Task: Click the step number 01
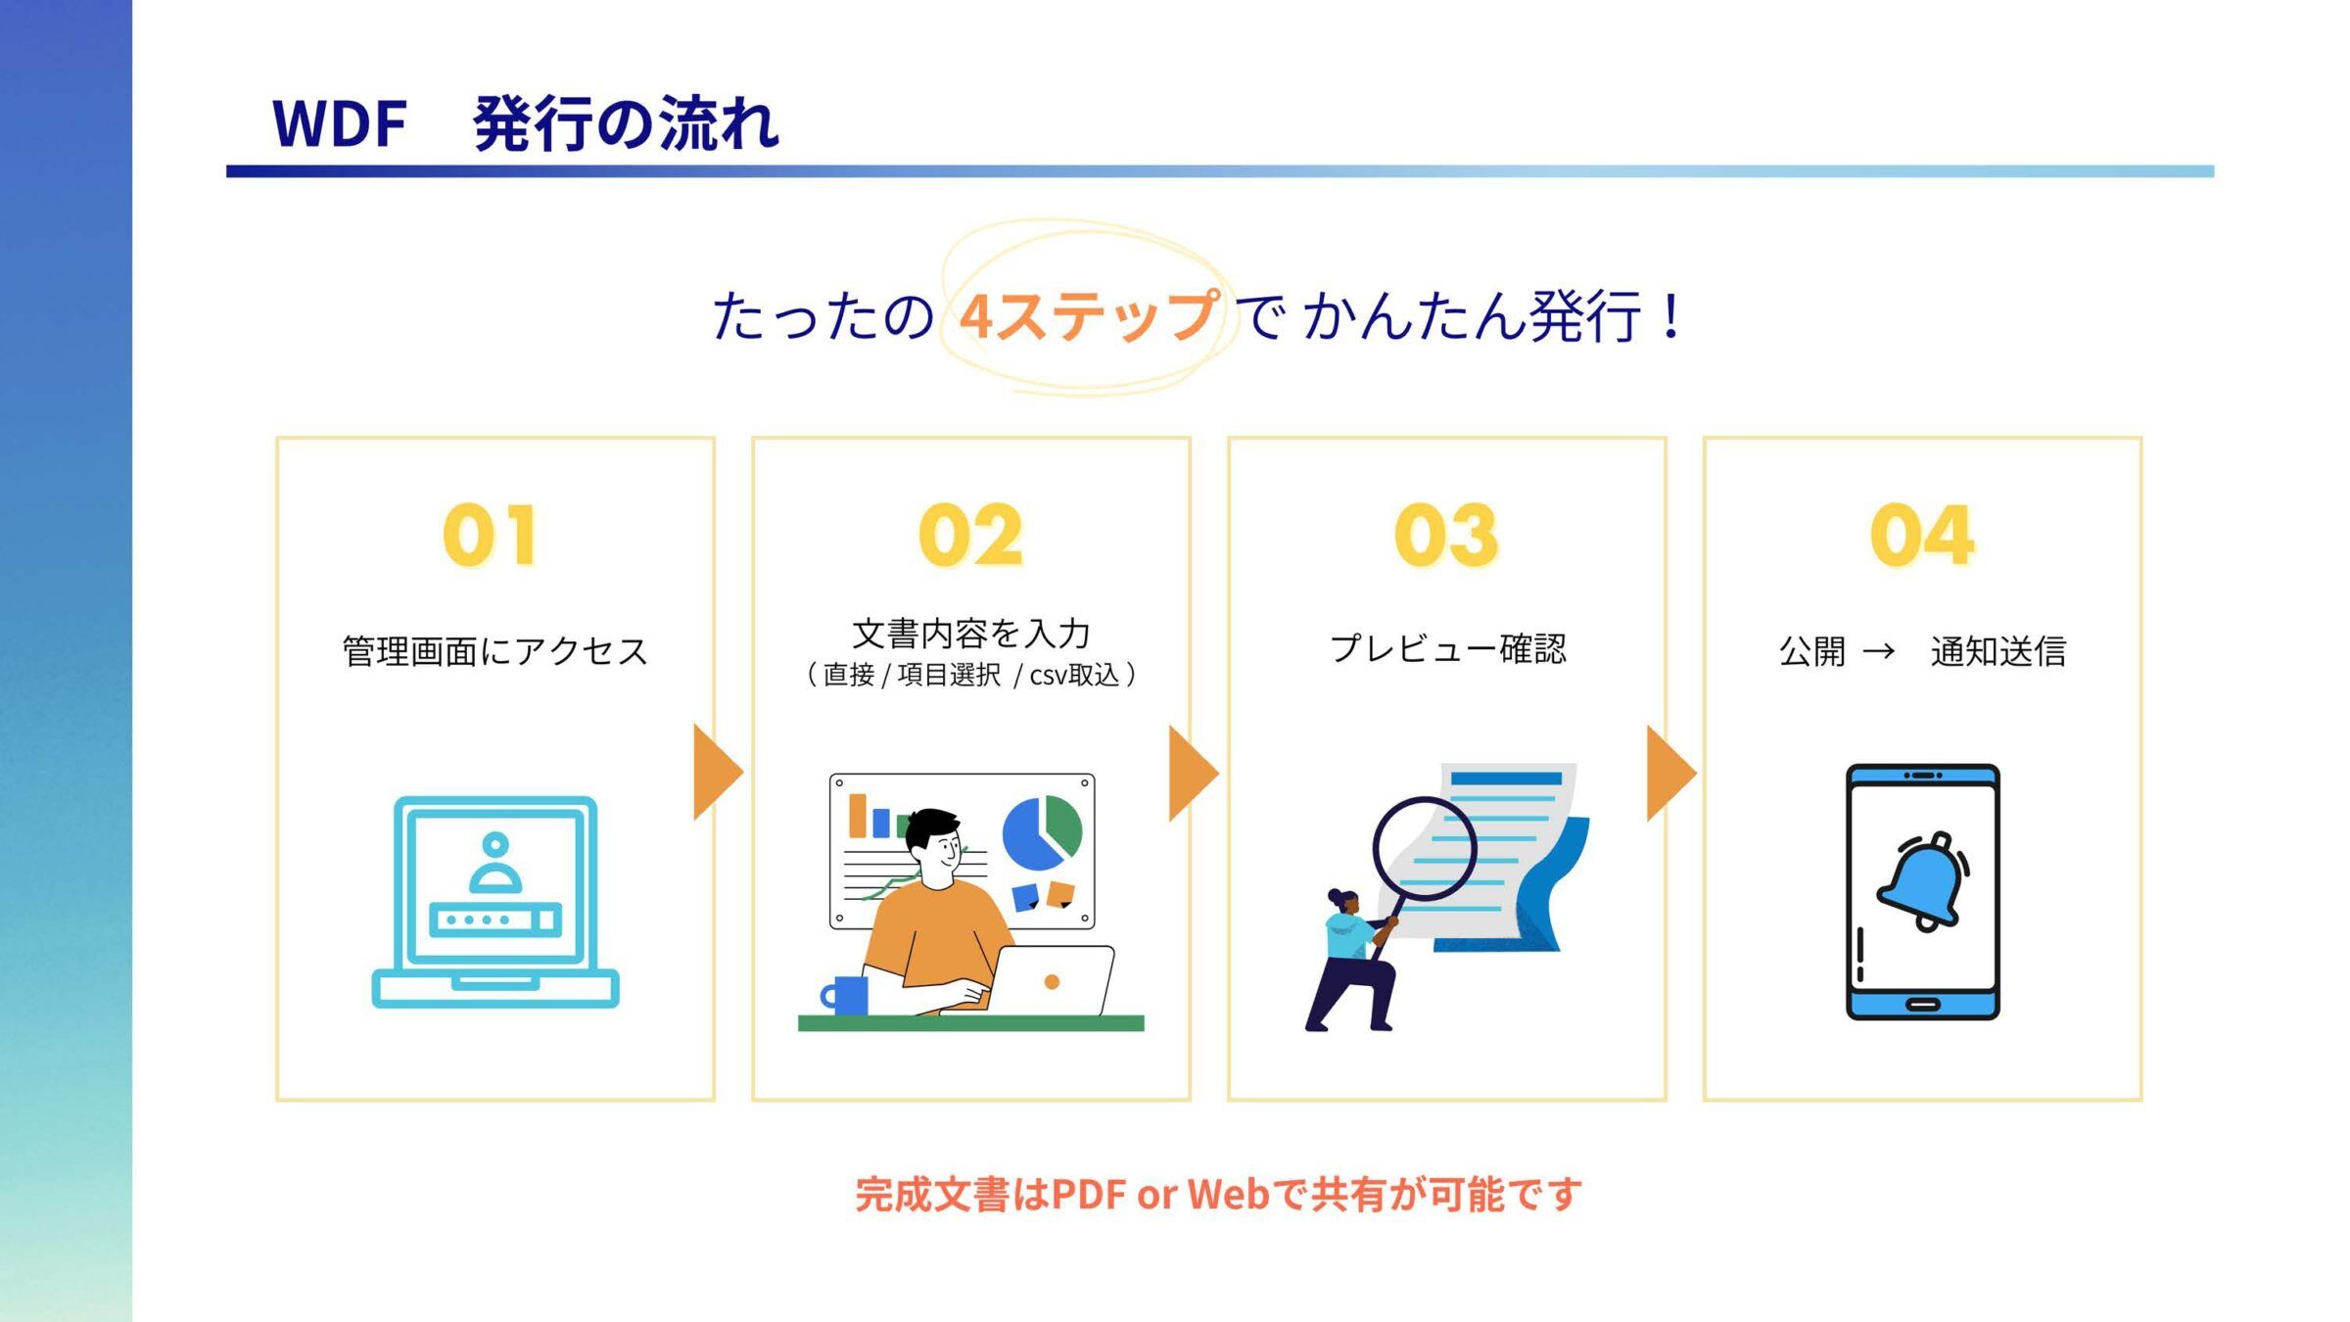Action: coord(490,535)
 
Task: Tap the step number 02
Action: coord(970,535)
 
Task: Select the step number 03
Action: coord(1446,535)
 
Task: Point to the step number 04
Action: coord(1922,535)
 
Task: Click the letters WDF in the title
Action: coord(340,124)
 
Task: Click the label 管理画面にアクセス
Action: coord(494,651)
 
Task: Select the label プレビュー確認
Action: coord(1447,648)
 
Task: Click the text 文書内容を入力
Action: coord(971,634)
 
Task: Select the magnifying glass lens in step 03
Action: coord(1424,848)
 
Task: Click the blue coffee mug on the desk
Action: coord(845,995)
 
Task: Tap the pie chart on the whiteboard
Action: coord(1042,833)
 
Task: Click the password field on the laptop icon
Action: coord(495,920)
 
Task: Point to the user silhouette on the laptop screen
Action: coord(495,862)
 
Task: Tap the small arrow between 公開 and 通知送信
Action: coord(1878,651)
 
